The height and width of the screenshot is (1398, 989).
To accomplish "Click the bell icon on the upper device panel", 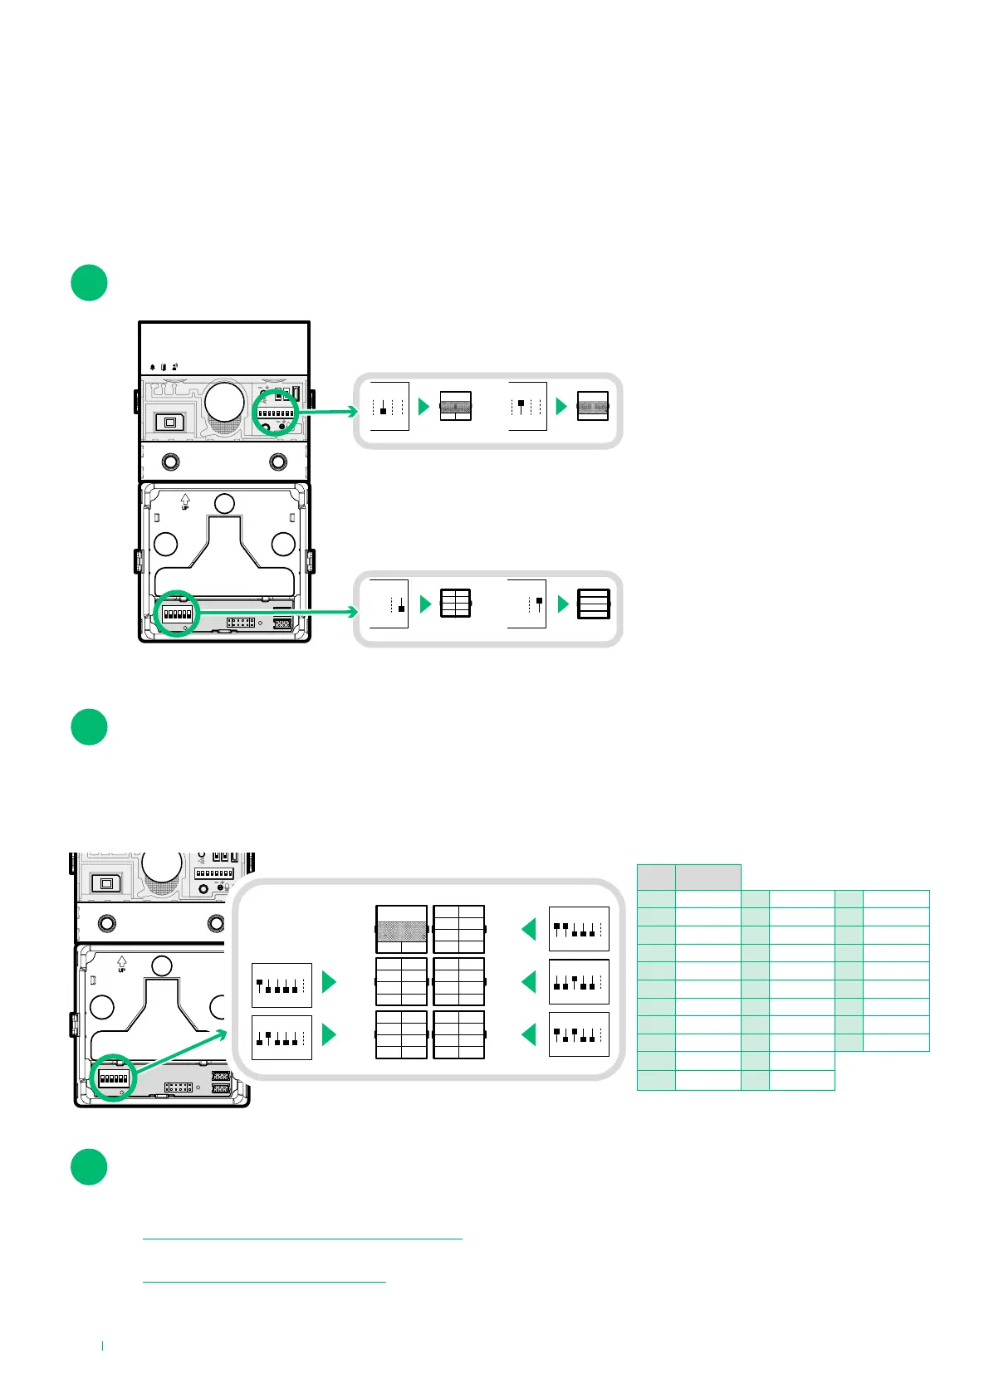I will pyautogui.click(x=153, y=367).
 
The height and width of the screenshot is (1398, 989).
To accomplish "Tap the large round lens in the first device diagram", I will pyautogui.click(x=225, y=401).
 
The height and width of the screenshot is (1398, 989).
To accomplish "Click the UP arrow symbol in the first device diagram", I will pyautogui.click(x=184, y=501).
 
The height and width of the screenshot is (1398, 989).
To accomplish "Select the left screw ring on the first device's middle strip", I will pyautogui.click(x=170, y=461).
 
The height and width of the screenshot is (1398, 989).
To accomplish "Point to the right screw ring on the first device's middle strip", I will pyautogui.click(x=278, y=461).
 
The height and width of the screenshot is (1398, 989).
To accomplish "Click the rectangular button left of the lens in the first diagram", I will pyautogui.click(x=171, y=422).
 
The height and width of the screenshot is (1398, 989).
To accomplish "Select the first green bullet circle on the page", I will pyautogui.click(x=89, y=282).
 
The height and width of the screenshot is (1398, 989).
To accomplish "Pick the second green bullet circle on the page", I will pyautogui.click(x=89, y=726).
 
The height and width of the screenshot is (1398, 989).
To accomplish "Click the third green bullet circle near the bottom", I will pyautogui.click(x=89, y=1166).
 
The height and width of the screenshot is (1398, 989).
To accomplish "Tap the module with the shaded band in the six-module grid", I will pyautogui.click(x=401, y=929).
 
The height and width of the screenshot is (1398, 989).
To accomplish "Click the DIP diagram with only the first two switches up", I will pyautogui.click(x=579, y=929).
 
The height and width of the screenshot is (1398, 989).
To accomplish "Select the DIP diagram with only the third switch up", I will pyautogui.click(x=579, y=982).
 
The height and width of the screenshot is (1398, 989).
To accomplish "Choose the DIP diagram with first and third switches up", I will pyautogui.click(x=579, y=1034).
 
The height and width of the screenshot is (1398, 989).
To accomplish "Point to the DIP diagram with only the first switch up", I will pyautogui.click(x=282, y=985).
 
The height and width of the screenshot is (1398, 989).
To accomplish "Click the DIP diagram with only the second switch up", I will pyautogui.click(x=282, y=1037).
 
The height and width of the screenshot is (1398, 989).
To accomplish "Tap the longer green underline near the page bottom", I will pyautogui.click(x=301, y=1239).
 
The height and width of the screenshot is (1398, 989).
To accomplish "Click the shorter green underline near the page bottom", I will pyautogui.click(x=264, y=1282).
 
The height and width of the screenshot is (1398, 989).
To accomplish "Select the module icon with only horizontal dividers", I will pyautogui.click(x=593, y=604).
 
